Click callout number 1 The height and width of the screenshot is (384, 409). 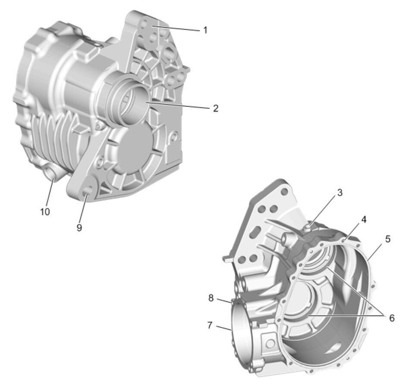[205, 30]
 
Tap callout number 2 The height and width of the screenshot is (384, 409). [215, 108]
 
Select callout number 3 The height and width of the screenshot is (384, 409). [340, 193]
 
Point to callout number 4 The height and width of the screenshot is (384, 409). [364, 220]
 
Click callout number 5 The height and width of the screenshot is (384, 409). [388, 239]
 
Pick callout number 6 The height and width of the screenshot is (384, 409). [392, 318]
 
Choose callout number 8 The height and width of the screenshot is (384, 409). [211, 298]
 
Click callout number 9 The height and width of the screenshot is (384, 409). [79, 228]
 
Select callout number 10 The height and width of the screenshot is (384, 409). [45, 212]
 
